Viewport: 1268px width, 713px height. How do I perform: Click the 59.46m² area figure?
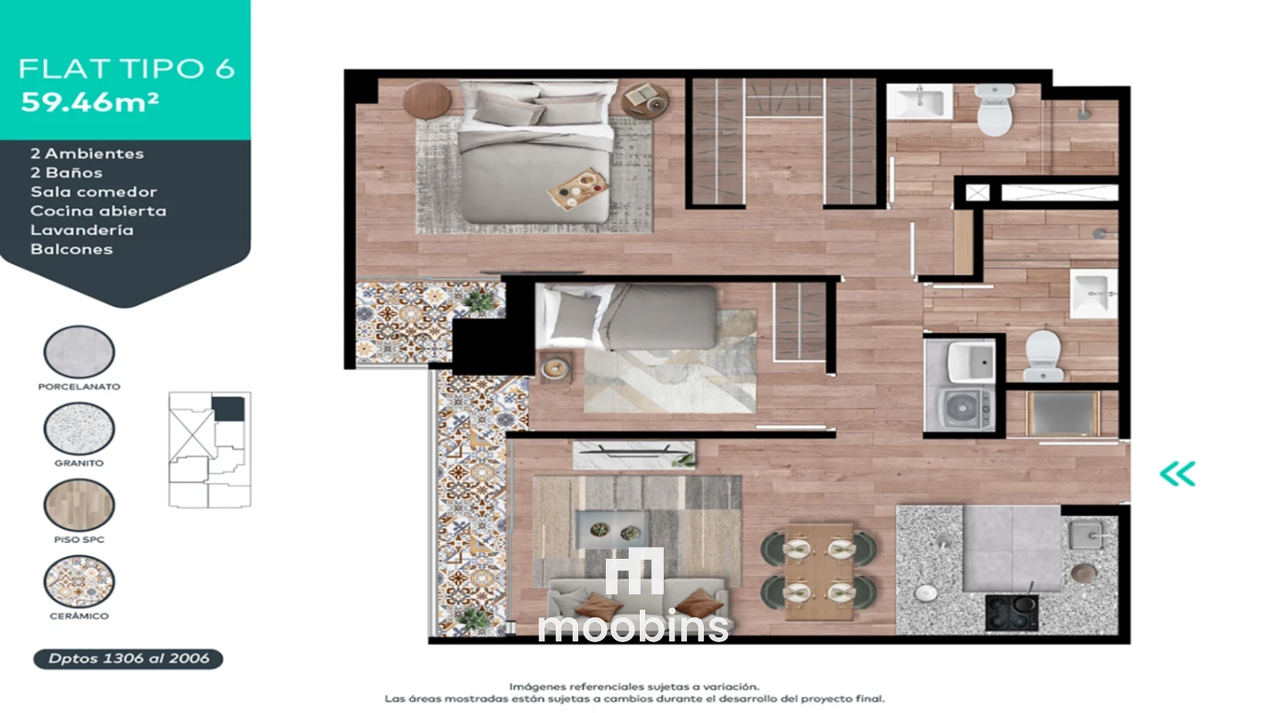click(90, 102)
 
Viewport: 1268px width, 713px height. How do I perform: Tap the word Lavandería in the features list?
click(82, 230)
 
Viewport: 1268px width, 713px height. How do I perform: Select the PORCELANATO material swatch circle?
click(79, 351)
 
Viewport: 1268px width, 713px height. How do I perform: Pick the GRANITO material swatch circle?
click(79, 428)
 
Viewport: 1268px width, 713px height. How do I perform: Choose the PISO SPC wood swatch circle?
click(79, 504)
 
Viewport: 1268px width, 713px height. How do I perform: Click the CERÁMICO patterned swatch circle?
click(79, 581)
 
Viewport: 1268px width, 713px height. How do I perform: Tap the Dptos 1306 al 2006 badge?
click(129, 659)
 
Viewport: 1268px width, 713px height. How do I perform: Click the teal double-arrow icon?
click(1178, 473)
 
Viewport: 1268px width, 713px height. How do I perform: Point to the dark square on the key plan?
click(229, 409)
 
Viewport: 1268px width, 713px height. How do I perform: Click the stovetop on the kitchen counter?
click(1012, 612)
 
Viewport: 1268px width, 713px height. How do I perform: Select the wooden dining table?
click(819, 571)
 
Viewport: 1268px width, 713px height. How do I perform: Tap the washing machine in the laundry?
click(960, 407)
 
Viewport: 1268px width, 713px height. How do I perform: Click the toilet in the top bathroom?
click(994, 109)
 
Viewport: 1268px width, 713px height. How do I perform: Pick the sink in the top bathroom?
click(920, 102)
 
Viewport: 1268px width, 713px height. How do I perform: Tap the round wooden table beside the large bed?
click(427, 100)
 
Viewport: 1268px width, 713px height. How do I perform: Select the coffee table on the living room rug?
click(613, 530)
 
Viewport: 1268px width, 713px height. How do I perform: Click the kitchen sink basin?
click(1085, 535)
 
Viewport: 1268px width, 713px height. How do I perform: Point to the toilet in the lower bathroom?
click(1043, 355)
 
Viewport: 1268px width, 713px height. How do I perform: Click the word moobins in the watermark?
click(633, 626)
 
